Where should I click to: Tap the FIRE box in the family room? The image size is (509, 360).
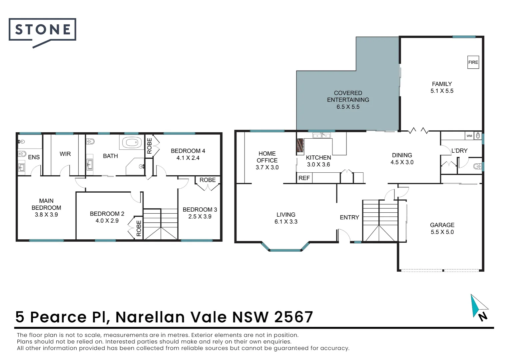pos(473,62)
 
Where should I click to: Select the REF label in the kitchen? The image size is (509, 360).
pos(304,178)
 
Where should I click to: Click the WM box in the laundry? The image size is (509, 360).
pos(469,136)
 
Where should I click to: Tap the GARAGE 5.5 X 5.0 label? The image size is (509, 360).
pos(442,229)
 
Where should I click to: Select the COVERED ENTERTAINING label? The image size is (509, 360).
pos(348,96)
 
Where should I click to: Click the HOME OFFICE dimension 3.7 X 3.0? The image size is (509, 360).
pos(267,167)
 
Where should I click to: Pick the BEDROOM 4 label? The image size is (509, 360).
pos(188,151)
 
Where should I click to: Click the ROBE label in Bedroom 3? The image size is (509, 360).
pos(207,180)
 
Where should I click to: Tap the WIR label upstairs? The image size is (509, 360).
pos(65,154)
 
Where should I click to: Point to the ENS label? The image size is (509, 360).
pos(34,157)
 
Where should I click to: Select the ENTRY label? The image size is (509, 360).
pos(349,217)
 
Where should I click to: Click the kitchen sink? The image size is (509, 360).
pos(321,135)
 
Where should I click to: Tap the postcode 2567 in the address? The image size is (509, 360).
pos(293,317)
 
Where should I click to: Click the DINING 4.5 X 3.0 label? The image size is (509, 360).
pos(402,159)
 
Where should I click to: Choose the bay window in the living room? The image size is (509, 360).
pos(285,250)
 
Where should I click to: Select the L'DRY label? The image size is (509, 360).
pos(459,151)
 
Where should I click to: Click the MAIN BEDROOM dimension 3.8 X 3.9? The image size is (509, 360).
pos(46,215)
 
